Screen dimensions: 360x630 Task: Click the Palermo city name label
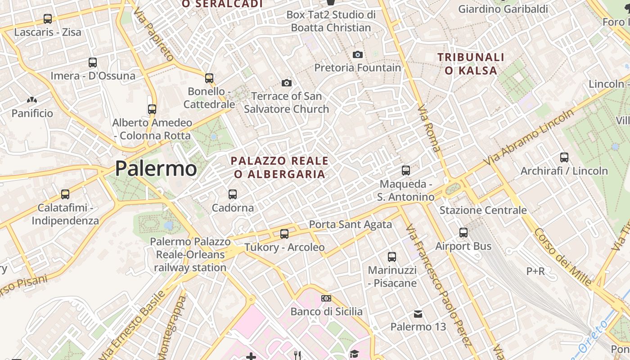point(156,169)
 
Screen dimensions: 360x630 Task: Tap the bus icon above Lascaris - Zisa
point(48,19)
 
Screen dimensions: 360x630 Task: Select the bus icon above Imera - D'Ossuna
point(93,63)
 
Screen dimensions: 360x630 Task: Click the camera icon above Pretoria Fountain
point(358,54)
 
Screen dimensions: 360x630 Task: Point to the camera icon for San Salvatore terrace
point(287,83)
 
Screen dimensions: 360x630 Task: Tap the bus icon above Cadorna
point(233,194)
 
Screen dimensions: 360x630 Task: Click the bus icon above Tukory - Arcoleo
point(284,234)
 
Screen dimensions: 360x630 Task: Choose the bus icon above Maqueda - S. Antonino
point(406,171)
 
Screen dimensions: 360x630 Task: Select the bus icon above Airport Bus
point(463,233)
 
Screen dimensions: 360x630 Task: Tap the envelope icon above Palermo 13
point(418,313)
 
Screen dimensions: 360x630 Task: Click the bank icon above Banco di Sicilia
point(326,298)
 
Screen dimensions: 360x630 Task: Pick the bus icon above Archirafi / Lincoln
point(564,157)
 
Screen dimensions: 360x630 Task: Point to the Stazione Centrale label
point(483,210)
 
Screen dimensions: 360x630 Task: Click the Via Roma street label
point(429,128)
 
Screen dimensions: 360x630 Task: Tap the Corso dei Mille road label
point(563,257)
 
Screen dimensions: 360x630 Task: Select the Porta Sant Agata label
point(350,224)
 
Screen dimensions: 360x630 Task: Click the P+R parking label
point(535,271)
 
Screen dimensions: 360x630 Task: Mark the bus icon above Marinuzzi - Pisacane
point(392,257)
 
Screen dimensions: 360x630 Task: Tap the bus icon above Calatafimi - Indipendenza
point(65,194)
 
